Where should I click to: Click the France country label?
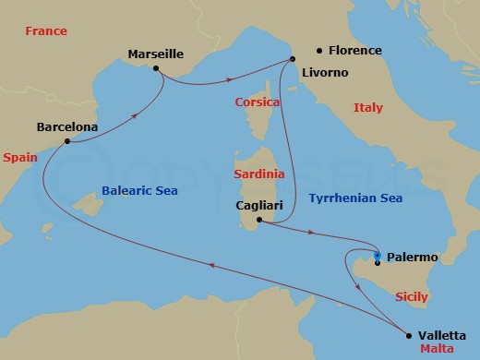point(46,31)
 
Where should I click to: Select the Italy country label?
point(367,108)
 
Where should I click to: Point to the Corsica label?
point(258,102)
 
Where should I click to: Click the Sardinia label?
point(258,174)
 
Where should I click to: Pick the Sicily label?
point(411,297)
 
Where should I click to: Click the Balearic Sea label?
point(138,191)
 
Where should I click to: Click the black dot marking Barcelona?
point(66,141)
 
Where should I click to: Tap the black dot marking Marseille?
point(156,68)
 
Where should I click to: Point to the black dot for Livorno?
point(294,60)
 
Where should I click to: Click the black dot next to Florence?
point(319,51)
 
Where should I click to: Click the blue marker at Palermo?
point(378,256)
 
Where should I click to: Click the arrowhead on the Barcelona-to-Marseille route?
point(136,115)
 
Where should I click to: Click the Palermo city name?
point(413,257)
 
